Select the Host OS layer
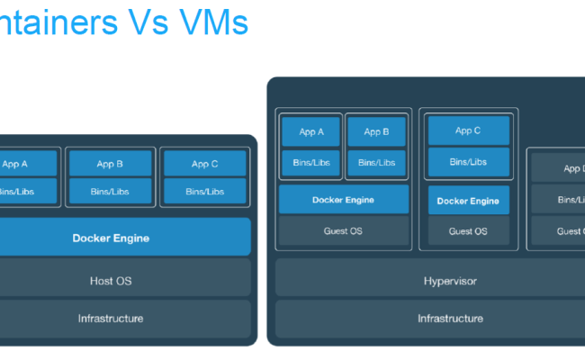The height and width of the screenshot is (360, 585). tap(111, 281)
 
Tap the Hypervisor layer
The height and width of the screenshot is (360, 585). tap(450, 281)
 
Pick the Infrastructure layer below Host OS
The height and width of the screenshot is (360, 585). tap(111, 318)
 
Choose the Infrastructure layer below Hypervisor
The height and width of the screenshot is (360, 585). tap(450, 318)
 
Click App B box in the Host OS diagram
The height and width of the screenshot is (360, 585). tap(109, 164)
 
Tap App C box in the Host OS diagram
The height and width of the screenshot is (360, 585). tap(204, 164)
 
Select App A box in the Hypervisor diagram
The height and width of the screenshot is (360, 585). tap(310, 131)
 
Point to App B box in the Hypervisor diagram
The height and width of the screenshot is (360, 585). tap(376, 131)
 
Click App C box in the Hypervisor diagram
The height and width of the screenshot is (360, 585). tap(468, 130)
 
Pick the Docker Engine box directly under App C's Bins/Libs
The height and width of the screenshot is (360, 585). tap(468, 201)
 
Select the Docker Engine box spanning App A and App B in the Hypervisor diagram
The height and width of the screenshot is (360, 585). tap(343, 200)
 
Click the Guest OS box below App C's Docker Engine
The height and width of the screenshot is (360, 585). tap(468, 231)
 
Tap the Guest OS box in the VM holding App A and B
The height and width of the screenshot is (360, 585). tap(343, 231)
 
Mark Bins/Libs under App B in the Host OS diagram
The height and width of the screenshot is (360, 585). tap(109, 191)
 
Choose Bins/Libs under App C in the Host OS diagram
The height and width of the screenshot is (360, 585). tap(204, 191)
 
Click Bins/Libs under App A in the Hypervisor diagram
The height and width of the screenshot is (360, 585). tap(310, 162)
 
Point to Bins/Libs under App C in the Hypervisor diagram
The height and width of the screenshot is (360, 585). tap(468, 162)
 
